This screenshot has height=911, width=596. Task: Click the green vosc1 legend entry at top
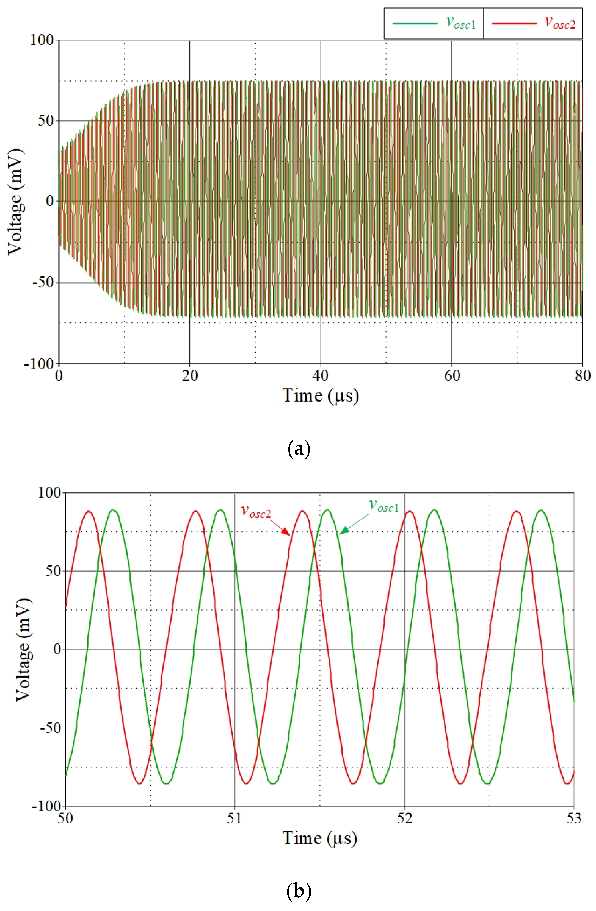click(x=434, y=23)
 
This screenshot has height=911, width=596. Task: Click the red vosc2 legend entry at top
click(x=533, y=23)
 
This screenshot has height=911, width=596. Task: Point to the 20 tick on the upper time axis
click(x=190, y=376)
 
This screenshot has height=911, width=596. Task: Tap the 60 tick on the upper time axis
click(x=452, y=376)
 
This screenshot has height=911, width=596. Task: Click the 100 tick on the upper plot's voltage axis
click(x=42, y=40)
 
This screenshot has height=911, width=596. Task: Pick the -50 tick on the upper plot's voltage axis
click(x=43, y=283)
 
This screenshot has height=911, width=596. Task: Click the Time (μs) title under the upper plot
click(x=321, y=396)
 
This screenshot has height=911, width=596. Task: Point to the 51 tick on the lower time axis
click(x=235, y=818)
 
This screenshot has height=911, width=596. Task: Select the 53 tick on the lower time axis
click(x=573, y=818)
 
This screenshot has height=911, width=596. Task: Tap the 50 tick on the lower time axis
click(x=65, y=818)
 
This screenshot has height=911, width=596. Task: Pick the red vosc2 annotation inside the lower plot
click(x=256, y=512)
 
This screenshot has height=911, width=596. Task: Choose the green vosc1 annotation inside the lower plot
click(x=384, y=506)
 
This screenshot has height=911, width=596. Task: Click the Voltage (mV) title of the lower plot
click(x=23, y=650)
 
